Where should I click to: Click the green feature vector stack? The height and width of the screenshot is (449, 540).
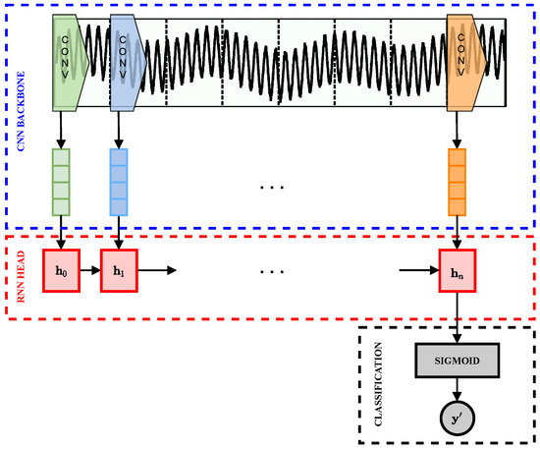[63, 180]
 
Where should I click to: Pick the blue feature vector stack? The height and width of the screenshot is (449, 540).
[119, 180]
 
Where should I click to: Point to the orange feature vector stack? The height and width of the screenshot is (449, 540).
[457, 180]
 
